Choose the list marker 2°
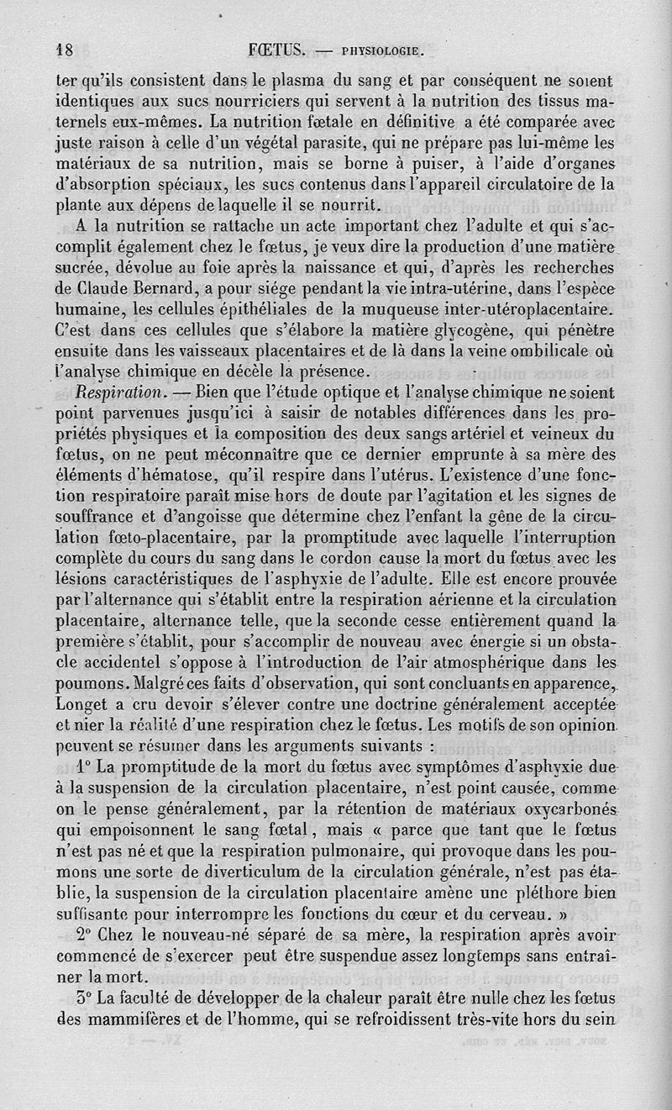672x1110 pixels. coord(83,934)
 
